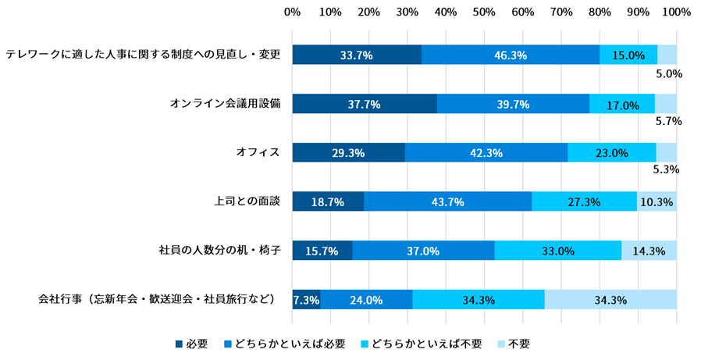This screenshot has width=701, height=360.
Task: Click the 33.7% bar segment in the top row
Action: (x=357, y=55)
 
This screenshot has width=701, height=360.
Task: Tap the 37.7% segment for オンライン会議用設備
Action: (x=365, y=104)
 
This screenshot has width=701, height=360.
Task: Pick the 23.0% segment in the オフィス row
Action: (x=612, y=153)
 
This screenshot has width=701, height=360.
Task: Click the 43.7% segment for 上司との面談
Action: (x=448, y=201)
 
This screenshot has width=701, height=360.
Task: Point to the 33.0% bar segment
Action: (x=558, y=251)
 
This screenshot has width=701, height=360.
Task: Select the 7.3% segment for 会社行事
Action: (x=305, y=300)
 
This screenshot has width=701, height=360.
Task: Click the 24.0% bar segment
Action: (x=366, y=300)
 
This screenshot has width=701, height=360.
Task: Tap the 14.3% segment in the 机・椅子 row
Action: (x=649, y=251)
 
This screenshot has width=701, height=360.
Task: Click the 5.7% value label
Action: (x=669, y=121)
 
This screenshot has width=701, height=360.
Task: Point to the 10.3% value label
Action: (x=657, y=201)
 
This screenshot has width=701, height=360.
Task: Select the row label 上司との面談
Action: (x=247, y=201)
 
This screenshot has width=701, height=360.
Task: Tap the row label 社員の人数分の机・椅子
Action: (x=219, y=251)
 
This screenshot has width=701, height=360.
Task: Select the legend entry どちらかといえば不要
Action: (x=422, y=344)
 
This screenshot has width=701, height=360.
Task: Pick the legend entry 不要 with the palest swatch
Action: (x=512, y=344)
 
